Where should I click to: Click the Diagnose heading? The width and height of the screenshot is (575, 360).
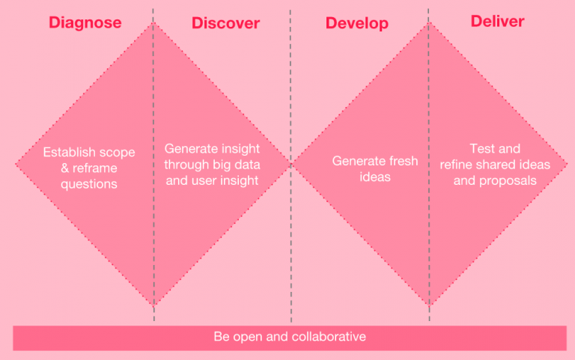[x=85, y=22]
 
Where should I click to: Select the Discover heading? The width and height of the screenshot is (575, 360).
[x=225, y=23]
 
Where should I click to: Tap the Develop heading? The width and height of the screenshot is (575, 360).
[x=356, y=23]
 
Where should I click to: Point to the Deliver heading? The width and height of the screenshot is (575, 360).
[x=497, y=21]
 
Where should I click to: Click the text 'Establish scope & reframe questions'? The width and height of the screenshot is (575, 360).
[x=89, y=167]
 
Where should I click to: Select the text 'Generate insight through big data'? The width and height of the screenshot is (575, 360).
[x=212, y=165]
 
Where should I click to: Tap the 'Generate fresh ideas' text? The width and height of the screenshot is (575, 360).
[x=375, y=168]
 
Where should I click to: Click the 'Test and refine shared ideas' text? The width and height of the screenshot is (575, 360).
[x=495, y=157]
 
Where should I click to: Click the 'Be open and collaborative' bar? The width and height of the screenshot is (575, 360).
[x=290, y=337]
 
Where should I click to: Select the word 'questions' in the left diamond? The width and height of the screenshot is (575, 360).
[x=89, y=184]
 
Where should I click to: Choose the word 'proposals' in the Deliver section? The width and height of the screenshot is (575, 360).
[x=509, y=180]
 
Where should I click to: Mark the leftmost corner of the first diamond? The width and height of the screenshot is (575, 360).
[x=16, y=164]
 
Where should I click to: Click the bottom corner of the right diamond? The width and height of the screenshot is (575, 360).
[x=429, y=305]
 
